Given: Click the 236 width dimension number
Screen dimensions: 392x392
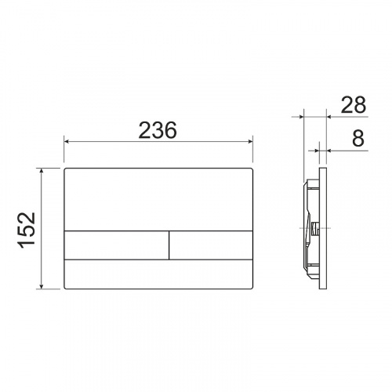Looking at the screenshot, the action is coord(158,130).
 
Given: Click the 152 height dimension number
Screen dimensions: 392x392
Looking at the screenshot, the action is coord(27,230).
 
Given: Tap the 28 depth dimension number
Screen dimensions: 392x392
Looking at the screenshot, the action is coord(354,105).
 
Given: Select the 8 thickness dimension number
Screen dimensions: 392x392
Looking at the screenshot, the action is coord(358,138).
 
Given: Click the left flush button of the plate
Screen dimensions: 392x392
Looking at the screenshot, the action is coord(117,245).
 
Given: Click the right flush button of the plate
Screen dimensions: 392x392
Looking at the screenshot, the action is coord(211,245).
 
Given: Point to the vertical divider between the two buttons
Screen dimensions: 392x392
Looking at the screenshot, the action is coord(169,245).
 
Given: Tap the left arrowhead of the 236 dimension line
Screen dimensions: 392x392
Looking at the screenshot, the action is coord(67,142).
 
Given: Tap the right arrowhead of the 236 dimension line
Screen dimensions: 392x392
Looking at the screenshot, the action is coord(250,142).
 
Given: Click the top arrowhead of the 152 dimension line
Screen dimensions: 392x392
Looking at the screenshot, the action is coord(42,171).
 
